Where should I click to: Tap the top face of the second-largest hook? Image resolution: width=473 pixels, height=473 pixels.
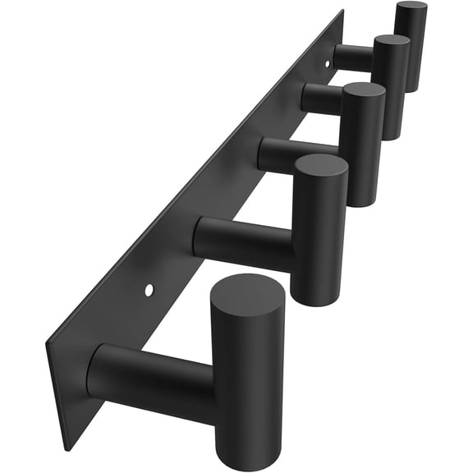(320, 169)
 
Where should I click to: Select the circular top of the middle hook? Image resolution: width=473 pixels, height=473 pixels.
(362, 94)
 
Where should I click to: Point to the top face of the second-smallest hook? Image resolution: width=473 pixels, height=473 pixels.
(392, 41)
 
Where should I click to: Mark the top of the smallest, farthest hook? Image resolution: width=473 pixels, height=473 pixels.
(411, 7)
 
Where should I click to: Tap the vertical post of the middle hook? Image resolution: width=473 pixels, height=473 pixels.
(363, 152)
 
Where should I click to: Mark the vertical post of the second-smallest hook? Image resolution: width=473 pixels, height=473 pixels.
(392, 90)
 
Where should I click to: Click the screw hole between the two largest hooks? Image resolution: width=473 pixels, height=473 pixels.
(149, 290)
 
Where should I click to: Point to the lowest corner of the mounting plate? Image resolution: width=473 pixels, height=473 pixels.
(65, 448)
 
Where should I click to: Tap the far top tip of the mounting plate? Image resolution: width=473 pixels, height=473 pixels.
(342, 11)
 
